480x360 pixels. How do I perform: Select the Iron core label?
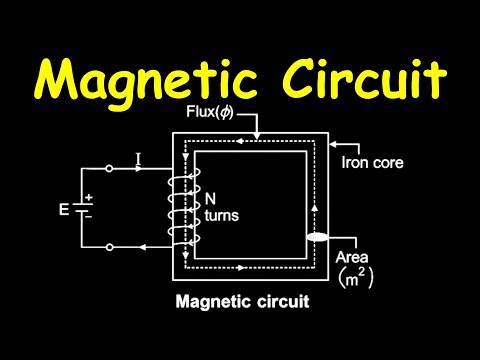[x=372, y=161]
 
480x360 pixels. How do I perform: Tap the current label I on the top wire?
[x=138, y=158]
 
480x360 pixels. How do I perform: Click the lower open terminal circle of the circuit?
[x=108, y=246]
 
